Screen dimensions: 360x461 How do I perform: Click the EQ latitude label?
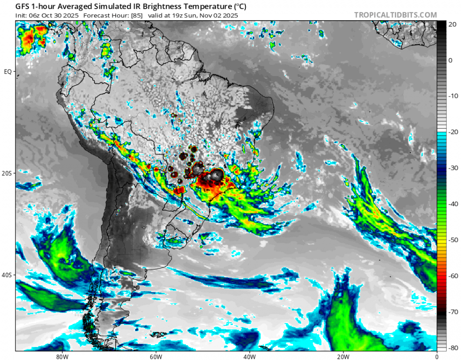[x=7, y=72]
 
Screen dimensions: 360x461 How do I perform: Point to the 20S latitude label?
[x=7, y=173]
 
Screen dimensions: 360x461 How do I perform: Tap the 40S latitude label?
[x=7, y=275]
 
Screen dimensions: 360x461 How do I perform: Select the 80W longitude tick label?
[x=61, y=357]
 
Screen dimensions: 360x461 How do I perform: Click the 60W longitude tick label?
[x=155, y=357]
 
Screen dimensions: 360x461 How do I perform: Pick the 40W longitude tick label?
[x=249, y=357]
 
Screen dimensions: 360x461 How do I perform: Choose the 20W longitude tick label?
[x=343, y=357]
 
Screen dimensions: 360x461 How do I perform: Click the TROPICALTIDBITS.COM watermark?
[x=396, y=15]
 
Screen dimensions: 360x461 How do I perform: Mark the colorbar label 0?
[x=450, y=60]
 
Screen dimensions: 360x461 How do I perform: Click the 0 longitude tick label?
[x=437, y=357]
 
